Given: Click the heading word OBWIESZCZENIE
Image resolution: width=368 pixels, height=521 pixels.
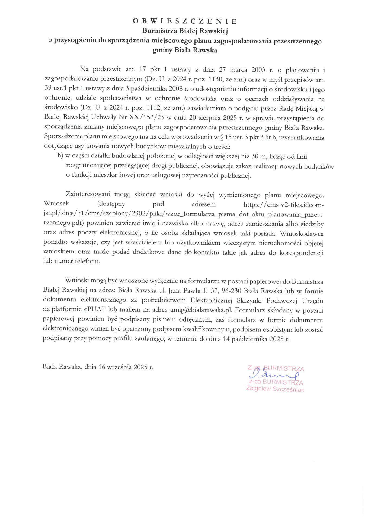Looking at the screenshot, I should pos(185,21).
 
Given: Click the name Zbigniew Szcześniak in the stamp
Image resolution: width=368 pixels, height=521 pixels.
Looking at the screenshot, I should pos(275,389).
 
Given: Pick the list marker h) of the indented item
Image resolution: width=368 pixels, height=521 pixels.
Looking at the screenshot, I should pos(60,156).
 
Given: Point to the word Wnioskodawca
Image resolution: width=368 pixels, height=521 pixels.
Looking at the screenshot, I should pos(302,234).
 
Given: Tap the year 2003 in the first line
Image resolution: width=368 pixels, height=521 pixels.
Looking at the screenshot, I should pos(258,70).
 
